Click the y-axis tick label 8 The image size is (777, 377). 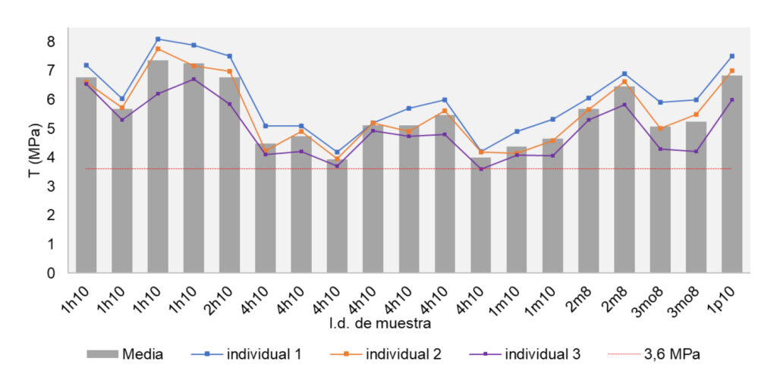51,41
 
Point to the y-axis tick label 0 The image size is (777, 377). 51,273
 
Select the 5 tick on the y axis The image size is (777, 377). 51,128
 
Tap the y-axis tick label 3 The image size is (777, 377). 51,186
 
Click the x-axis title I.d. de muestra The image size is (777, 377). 381,325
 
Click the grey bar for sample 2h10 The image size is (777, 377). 230,174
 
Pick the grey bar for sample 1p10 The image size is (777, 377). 731,174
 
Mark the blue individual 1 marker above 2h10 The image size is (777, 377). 230,56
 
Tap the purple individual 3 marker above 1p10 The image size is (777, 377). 731,99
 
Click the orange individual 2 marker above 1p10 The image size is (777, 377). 731,71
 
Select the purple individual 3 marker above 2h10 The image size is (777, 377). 230,104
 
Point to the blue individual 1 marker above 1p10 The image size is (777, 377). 731,56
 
